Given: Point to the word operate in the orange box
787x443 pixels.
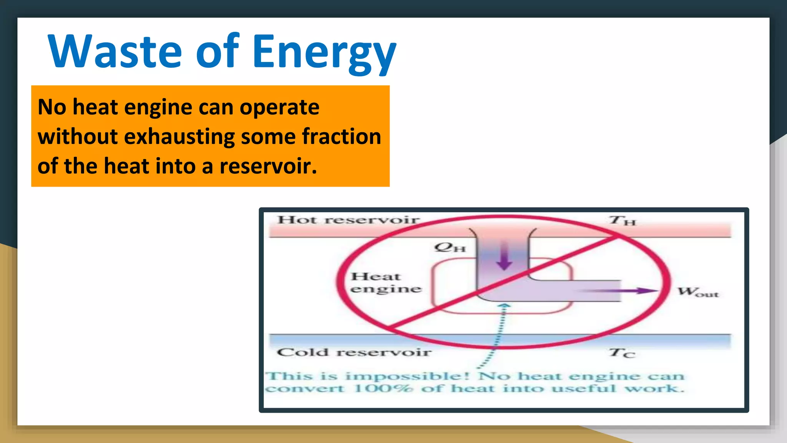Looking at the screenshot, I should pos(279,107).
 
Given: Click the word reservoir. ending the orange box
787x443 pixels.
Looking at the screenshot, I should pos(268,166).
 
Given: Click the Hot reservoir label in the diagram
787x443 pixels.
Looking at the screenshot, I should pos(348,220).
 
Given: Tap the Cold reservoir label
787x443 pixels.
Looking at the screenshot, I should pos(354,352).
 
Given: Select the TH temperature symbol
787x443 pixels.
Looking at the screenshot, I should pos(623,221).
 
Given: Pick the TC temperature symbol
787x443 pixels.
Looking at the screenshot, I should pos(622,353).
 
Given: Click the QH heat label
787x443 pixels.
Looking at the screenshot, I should pos(450,247).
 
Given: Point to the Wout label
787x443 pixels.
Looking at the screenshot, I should pos(697,292).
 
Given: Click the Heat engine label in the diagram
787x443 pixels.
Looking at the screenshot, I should pos(385,283).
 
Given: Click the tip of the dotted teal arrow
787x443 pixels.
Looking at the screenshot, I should pos(505,305).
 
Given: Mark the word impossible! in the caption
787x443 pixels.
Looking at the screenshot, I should pos(408,376).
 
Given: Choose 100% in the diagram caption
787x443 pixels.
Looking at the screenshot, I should pos(383,388).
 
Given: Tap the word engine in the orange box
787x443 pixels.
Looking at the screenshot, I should pos(158,108).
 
